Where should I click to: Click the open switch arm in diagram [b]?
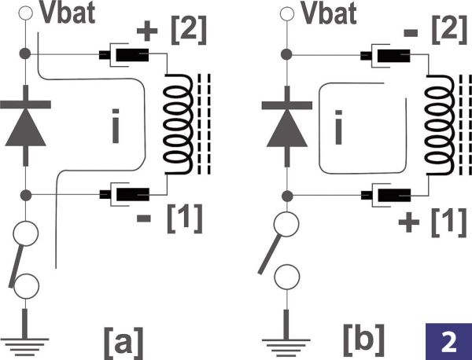(x=271, y=249)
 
